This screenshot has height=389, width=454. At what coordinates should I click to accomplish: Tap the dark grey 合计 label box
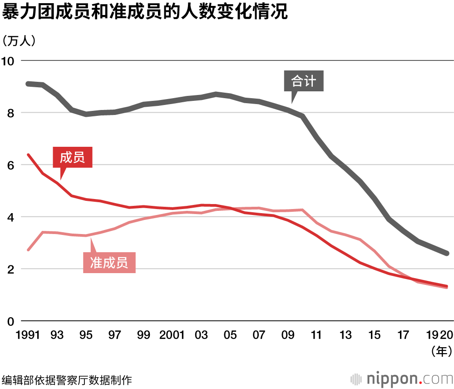click(304, 82)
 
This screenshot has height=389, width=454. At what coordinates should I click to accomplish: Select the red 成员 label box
click(72, 158)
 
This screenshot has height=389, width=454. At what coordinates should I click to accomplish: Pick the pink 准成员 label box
click(109, 263)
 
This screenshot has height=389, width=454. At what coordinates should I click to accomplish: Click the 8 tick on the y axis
click(11, 113)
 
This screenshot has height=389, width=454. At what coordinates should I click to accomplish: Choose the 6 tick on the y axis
click(11, 165)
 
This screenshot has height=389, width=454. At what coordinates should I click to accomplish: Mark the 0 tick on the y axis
click(11, 321)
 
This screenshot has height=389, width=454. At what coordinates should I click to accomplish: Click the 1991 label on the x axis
click(28, 335)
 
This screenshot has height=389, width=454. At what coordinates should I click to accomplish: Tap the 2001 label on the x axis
click(172, 335)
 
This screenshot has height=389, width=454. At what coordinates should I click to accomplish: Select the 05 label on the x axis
click(230, 335)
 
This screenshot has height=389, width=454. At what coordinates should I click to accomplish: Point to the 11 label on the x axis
click(316, 335)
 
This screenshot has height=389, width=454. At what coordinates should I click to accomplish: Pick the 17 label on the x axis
click(403, 335)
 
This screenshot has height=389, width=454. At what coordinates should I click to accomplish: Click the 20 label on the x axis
click(446, 335)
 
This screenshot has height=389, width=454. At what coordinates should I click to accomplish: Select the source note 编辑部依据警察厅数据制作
click(67, 379)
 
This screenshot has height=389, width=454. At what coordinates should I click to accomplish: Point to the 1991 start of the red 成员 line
click(28, 155)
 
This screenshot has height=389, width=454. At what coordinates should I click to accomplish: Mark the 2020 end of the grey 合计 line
click(447, 253)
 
